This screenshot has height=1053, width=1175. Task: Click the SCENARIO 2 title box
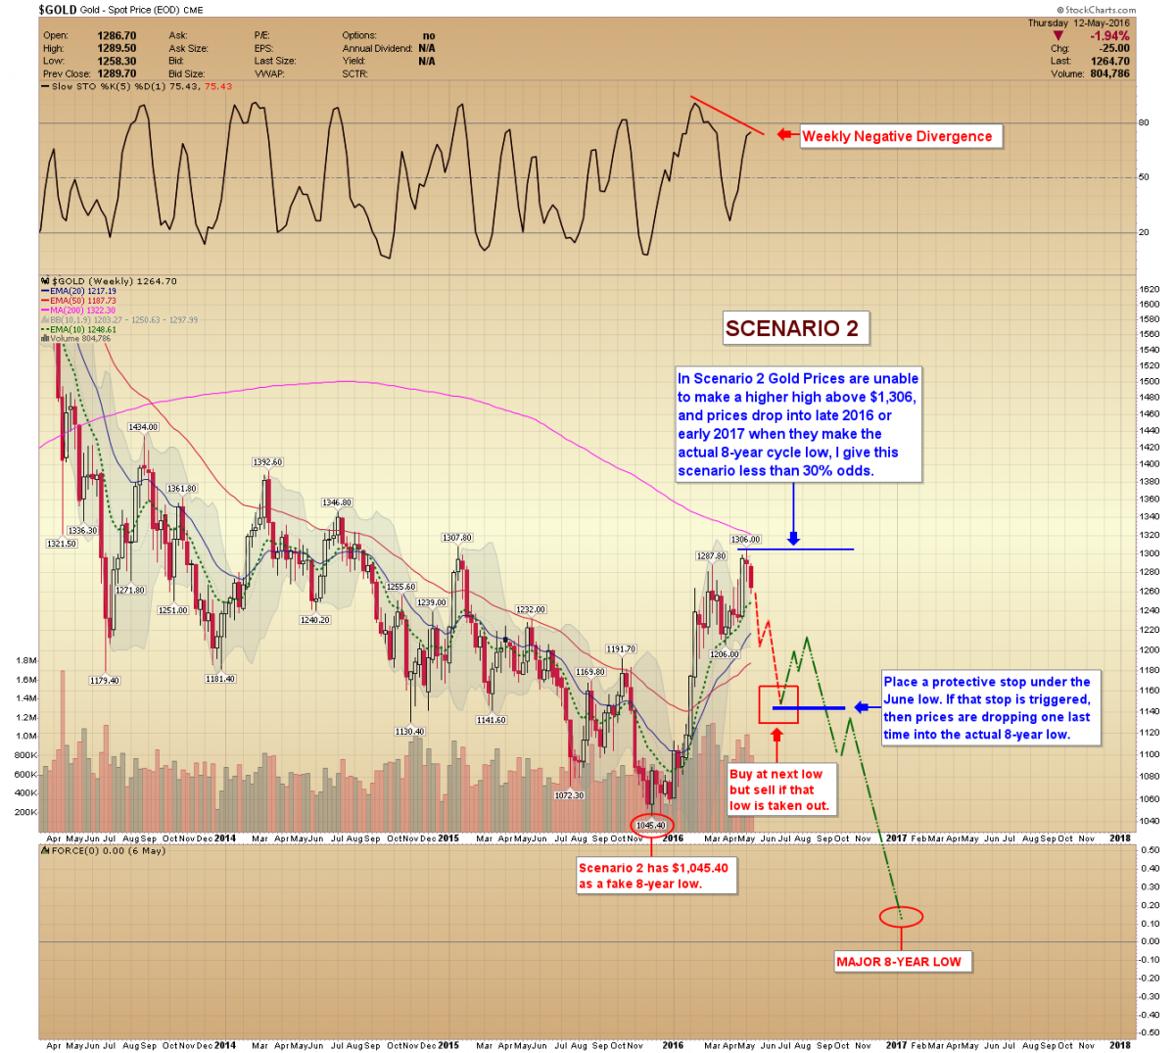792,328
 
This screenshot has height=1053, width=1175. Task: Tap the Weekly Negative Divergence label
897,136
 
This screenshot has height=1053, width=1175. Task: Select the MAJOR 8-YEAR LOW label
899,962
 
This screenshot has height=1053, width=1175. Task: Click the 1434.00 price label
143,427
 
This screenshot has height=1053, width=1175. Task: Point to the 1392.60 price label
267,462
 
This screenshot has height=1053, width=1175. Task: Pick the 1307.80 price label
457,538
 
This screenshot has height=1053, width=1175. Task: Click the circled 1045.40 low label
651,825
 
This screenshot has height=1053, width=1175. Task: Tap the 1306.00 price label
745,540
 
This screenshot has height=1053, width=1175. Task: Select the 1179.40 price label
105,680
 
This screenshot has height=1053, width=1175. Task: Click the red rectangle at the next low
778,704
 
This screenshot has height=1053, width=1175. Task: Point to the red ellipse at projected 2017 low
900,917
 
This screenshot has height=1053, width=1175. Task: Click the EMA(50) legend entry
79,301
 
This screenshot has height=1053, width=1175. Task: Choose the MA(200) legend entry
79,311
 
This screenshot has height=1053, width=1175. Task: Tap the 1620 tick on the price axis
1149,289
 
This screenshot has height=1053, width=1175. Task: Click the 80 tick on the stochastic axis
1144,123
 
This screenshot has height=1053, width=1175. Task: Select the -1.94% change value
1109,36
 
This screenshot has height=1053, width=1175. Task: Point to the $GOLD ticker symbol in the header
57,9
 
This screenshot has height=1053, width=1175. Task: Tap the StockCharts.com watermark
1100,10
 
